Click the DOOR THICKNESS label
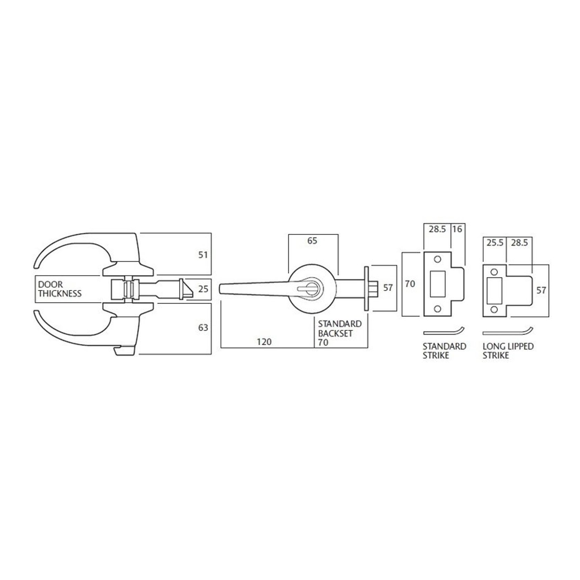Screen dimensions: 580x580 pyautogui.click(x=60, y=289)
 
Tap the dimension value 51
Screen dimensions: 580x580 pyautogui.click(x=203, y=255)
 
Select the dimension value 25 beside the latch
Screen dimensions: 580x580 pyautogui.click(x=203, y=289)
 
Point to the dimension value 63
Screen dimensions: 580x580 pyautogui.click(x=203, y=327)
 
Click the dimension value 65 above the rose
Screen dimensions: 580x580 pyautogui.click(x=312, y=241)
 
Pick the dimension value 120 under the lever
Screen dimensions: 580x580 pyautogui.click(x=264, y=342)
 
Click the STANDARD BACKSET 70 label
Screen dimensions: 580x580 pyautogui.click(x=335, y=333)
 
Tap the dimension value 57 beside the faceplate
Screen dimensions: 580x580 pyautogui.click(x=388, y=288)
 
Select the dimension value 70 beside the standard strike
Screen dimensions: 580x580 pyautogui.click(x=410, y=284)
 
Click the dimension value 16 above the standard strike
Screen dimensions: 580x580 pyautogui.click(x=457, y=229)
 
